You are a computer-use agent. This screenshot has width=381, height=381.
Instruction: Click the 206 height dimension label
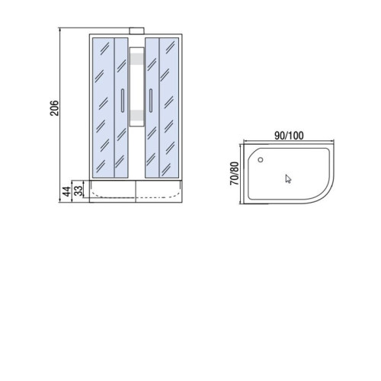54,108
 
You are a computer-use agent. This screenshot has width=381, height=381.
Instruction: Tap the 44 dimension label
67,191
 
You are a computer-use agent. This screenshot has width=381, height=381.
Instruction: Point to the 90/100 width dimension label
289,136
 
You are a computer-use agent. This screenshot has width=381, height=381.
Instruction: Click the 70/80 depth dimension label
235,173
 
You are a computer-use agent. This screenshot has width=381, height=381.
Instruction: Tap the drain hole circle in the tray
261,160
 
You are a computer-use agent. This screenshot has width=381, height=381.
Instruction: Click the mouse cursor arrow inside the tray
288,179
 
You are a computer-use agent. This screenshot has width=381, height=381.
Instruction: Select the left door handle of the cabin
123,101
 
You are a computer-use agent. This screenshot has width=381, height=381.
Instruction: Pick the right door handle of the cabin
151,101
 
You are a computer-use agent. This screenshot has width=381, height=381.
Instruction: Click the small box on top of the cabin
136,30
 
